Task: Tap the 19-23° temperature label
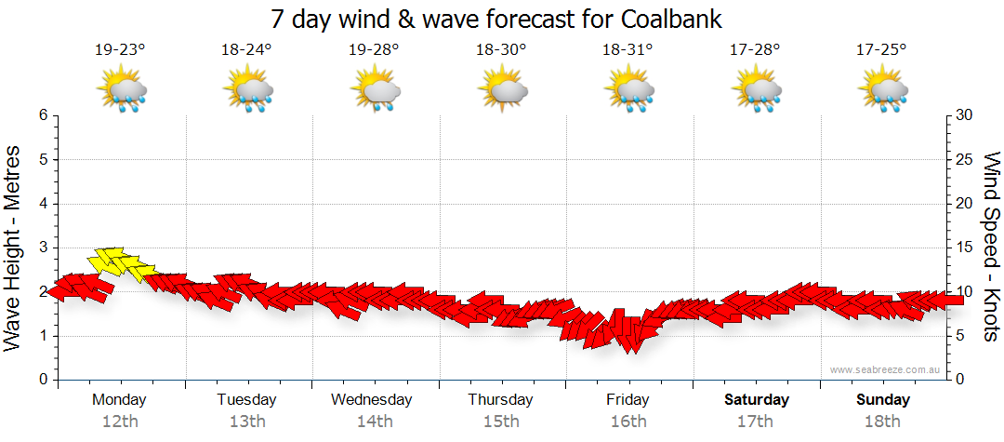click(120, 50)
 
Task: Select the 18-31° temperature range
click(628, 50)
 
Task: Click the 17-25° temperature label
click(881, 50)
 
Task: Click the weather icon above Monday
click(121, 90)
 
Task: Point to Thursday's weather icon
click(502, 90)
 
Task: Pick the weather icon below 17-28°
click(755, 90)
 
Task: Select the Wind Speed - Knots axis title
click(990, 247)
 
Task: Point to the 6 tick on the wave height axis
click(42, 115)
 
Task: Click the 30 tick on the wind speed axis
click(965, 115)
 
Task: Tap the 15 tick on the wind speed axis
click(965, 248)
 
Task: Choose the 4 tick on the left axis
click(42, 204)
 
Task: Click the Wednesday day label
click(372, 400)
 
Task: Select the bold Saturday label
click(757, 400)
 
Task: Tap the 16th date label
click(628, 422)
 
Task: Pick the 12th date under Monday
click(120, 422)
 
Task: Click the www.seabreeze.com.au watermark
click(887, 370)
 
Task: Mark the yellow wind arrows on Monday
click(121, 263)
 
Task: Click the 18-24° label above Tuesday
click(246, 50)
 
